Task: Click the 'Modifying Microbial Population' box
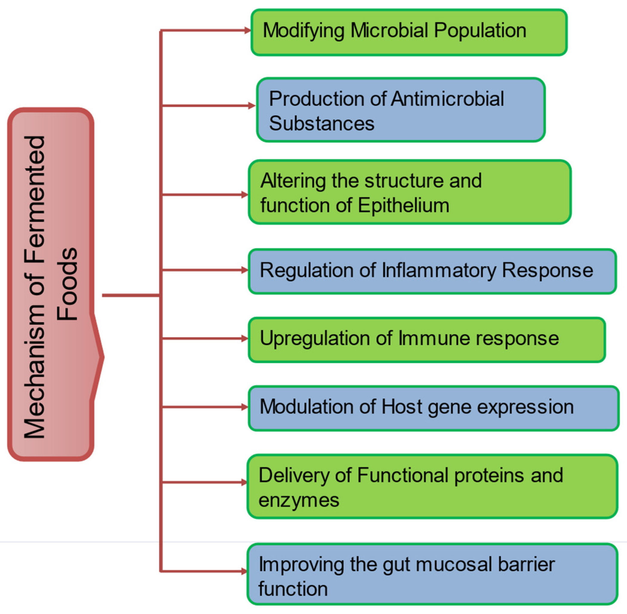409,32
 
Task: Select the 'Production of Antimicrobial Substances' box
401,110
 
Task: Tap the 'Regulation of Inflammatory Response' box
432,271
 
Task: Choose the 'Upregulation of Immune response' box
427,340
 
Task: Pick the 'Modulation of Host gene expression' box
434,408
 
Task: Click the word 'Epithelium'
403,205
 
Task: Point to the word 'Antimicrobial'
448,98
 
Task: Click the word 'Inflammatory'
439,271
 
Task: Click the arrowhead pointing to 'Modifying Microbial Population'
248,31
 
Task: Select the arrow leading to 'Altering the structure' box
204,195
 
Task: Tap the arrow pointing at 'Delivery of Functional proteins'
204,482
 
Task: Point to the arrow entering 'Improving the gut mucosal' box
204,571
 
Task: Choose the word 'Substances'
322,123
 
